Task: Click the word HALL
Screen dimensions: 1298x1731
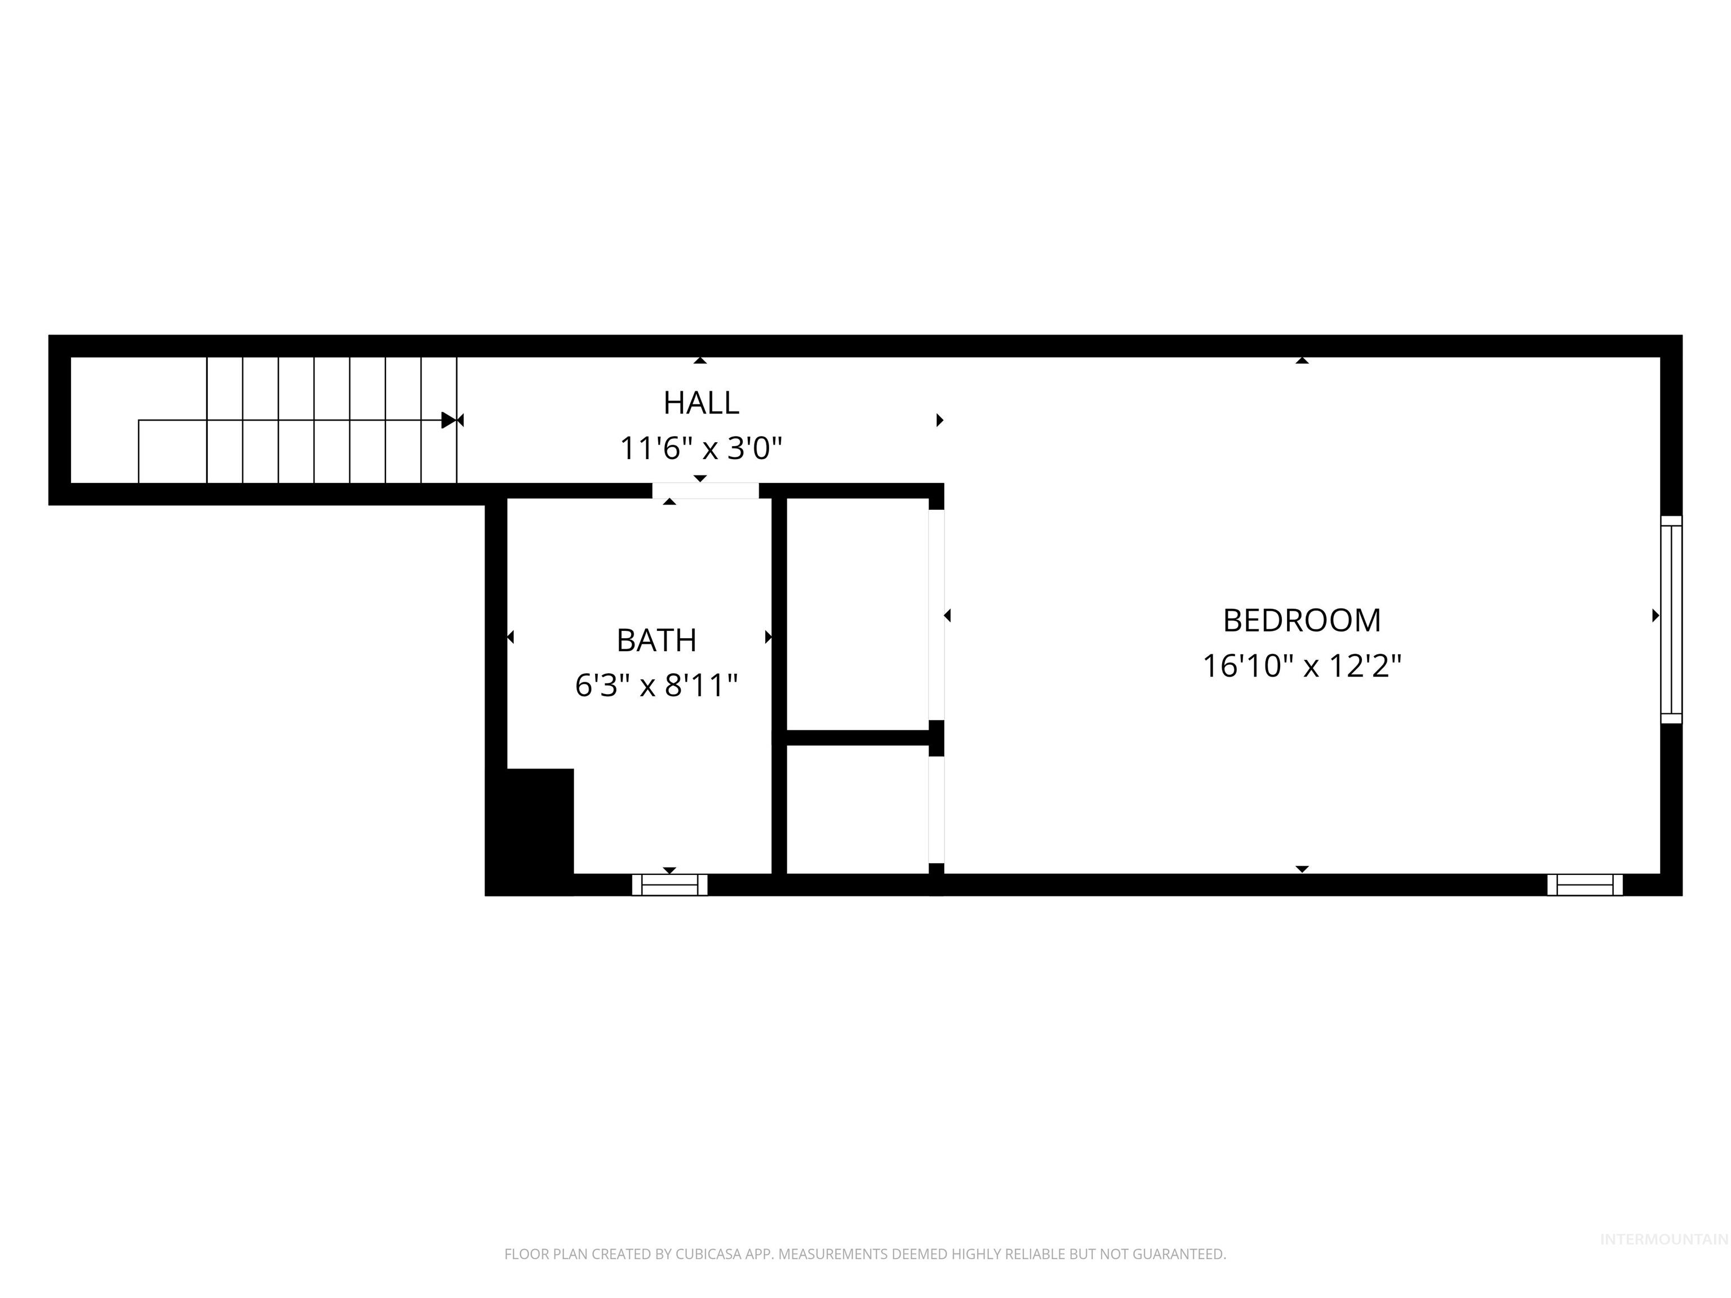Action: [x=700, y=403]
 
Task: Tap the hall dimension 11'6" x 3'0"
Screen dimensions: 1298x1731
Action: [x=700, y=449]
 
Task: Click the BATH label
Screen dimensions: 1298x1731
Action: [x=656, y=641]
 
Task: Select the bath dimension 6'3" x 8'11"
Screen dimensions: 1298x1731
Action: [x=656, y=686]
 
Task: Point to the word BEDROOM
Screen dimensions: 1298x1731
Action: [x=1302, y=620]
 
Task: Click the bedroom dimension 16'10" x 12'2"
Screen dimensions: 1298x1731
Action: [x=1302, y=666]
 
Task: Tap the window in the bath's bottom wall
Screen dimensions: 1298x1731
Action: [x=669, y=885]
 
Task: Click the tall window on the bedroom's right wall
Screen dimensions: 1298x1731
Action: [x=1671, y=620]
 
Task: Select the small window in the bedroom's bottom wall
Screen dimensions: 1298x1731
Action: [x=1584, y=885]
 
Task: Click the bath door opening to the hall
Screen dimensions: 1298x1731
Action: [x=705, y=491]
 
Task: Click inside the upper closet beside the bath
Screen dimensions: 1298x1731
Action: [x=857, y=614]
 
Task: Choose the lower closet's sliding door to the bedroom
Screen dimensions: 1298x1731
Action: [x=936, y=810]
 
